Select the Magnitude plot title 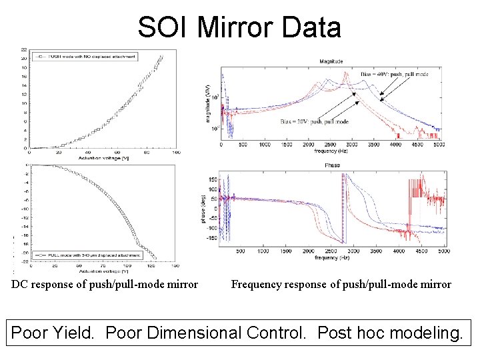pyautogui.click(x=331, y=61)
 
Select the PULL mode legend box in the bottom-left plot pyautogui.click(x=89, y=255)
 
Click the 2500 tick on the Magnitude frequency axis pyautogui.click(x=331, y=144)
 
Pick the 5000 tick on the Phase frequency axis pyautogui.click(x=441, y=251)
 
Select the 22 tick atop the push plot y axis pyautogui.click(x=24, y=49)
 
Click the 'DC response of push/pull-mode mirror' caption pyautogui.click(x=105, y=285)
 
